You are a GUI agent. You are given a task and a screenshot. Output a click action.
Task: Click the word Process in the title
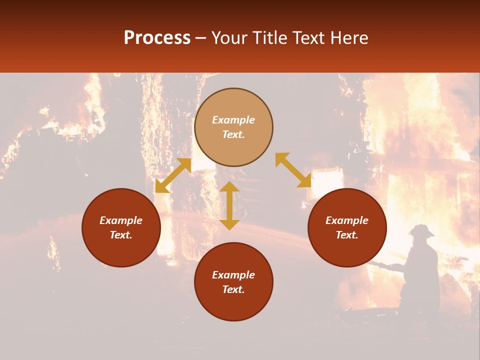click(x=157, y=38)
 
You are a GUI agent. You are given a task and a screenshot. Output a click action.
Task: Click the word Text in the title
click(x=308, y=38)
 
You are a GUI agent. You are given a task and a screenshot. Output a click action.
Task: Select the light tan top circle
click(x=233, y=127)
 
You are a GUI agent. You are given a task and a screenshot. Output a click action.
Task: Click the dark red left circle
click(x=121, y=227)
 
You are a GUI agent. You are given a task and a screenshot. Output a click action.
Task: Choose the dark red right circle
click(x=347, y=227)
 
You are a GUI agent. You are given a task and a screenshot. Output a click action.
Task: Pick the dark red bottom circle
click(x=233, y=282)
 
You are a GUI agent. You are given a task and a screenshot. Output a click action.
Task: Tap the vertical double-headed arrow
click(x=229, y=205)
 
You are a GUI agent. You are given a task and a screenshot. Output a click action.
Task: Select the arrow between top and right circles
click(x=293, y=170)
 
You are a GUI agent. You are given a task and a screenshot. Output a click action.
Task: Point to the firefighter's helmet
click(x=421, y=230)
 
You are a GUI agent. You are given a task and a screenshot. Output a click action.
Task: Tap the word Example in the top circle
click(x=233, y=120)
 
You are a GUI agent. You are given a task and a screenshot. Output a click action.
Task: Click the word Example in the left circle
click(x=121, y=220)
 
